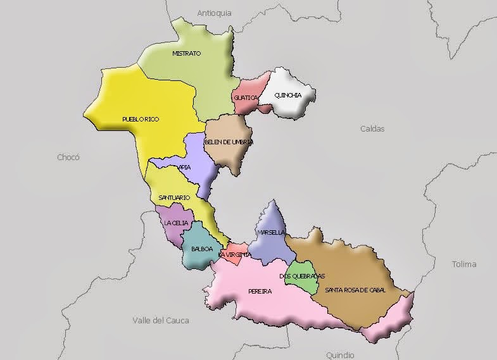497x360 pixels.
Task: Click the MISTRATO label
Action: coord(186,54)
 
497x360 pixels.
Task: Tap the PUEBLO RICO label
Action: coord(141,119)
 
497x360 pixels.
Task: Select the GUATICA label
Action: coord(246,98)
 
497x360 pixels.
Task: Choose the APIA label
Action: coord(185,168)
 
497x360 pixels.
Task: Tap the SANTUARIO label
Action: coord(174,198)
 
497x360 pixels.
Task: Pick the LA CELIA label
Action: coord(175,223)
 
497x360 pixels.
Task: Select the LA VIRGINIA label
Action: coord(234,255)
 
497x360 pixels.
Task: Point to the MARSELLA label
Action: coord(271,233)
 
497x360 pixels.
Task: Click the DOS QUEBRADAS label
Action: coord(302,276)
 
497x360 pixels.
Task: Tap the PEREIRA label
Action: coord(260,292)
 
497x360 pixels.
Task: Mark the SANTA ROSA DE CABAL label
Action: coord(355,290)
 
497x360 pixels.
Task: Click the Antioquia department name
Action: coord(214,13)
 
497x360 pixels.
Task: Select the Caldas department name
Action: coord(372,128)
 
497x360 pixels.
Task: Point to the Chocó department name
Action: coord(68,158)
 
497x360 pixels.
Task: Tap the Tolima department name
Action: coord(464,264)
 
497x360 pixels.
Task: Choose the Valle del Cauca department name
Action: coord(161,321)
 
